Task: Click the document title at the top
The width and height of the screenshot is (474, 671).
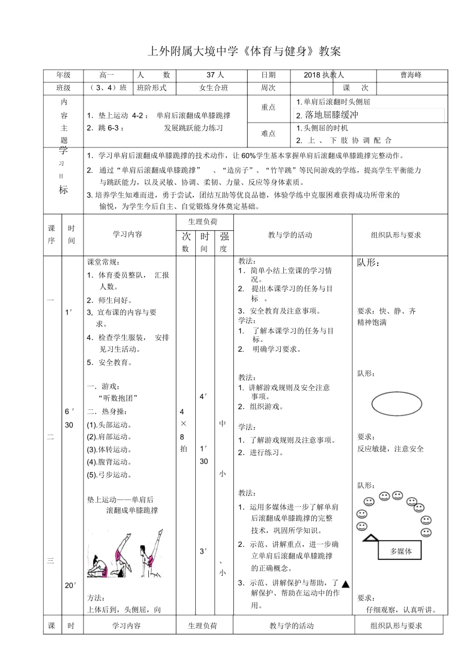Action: (x=244, y=51)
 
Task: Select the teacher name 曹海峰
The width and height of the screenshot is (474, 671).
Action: (x=411, y=75)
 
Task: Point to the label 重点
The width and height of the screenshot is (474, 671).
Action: (x=268, y=107)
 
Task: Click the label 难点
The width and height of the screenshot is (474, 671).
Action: (x=268, y=133)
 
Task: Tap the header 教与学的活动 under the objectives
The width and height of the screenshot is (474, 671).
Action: (x=290, y=235)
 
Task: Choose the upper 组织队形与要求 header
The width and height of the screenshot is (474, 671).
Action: (x=396, y=235)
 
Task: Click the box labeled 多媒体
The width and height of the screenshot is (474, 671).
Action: (x=400, y=551)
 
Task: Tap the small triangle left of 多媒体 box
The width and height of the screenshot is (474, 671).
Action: (x=369, y=538)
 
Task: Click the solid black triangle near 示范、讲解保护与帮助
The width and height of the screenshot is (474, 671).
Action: (x=346, y=584)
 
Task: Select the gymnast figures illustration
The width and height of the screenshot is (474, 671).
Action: (x=125, y=554)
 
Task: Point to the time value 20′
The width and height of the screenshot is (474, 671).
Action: (x=71, y=586)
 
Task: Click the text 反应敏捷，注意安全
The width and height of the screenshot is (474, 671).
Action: (x=391, y=449)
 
